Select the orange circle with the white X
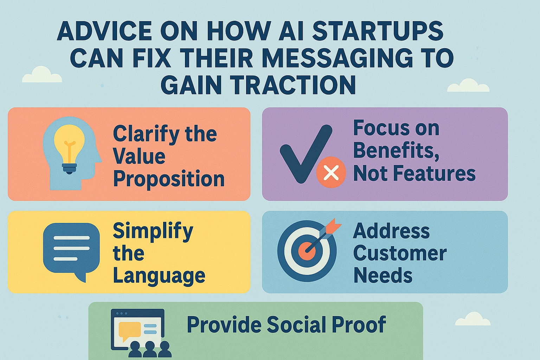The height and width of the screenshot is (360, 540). click(x=331, y=172)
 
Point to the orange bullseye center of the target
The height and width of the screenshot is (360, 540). click(x=307, y=251)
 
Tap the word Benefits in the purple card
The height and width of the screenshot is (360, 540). click(x=396, y=151)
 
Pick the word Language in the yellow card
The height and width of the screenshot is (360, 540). click(x=159, y=276)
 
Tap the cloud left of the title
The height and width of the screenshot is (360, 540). click(x=42, y=75)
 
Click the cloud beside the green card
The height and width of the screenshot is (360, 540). click(x=473, y=319)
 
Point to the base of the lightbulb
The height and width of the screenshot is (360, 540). click(x=69, y=168)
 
